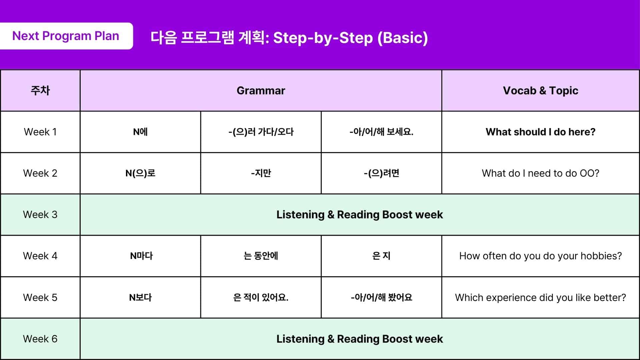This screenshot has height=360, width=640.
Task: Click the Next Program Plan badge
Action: tap(66, 36)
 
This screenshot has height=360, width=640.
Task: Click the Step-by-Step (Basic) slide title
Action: tap(289, 38)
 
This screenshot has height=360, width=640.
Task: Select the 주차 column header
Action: tap(40, 90)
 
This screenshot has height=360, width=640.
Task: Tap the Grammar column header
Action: tap(261, 90)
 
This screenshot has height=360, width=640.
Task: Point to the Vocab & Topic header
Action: tap(540, 90)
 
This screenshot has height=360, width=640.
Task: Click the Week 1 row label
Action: tap(40, 132)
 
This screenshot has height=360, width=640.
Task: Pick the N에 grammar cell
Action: tap(140, 132)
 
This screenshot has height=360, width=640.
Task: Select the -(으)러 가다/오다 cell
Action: tap(261, 132)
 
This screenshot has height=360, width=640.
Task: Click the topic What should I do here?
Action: tap(540, 132)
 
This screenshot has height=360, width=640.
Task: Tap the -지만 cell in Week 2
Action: tap(261, 173)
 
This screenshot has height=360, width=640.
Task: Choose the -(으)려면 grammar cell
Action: tap(381, 173)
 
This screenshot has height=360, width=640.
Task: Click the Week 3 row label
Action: tap(40, 215)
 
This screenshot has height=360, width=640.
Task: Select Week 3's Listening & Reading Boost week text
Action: tap(359, 215)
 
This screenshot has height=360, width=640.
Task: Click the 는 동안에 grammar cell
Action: tap(261, 256)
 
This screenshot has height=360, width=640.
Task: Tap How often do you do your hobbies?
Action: tap(540, 256)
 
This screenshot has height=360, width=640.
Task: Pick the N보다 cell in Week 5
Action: tap(140, 297)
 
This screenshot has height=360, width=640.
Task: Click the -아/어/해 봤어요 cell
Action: tap(381, 297)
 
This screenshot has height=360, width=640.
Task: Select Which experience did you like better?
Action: tap(540, 297)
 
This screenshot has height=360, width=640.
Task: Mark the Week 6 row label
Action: tap(40, 339)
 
